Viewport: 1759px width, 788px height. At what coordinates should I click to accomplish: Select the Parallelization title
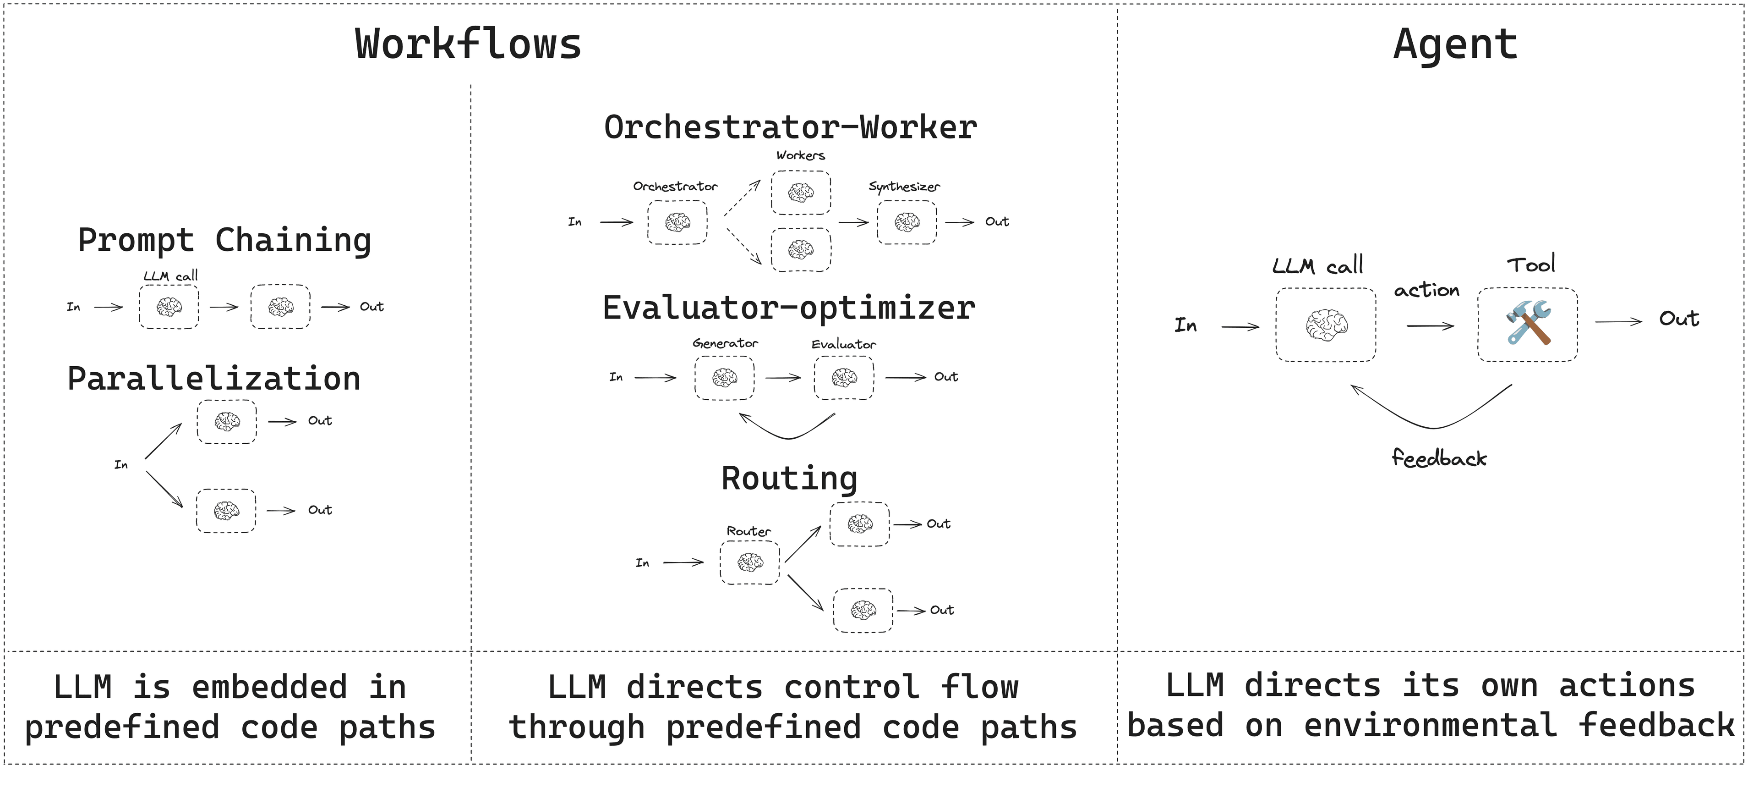tap(214, 379)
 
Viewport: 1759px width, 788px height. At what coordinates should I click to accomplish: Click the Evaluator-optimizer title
tap(789, 308)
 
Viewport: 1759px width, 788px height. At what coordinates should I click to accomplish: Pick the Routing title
tap(789, 479)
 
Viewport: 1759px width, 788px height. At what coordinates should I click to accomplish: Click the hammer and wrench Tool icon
tap(1528, 324)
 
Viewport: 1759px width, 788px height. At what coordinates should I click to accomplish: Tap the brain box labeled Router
tap(750, 562)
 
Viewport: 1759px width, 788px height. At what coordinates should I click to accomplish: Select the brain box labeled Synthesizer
tap(907, 222)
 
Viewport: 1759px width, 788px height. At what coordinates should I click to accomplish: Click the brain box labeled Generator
tap(725, 377)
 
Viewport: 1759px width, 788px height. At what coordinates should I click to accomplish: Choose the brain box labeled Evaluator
tap(844, 377)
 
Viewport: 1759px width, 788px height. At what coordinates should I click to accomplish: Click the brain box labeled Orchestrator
tap(677, 222)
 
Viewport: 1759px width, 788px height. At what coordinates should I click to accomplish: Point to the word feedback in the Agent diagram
tap(1439, 458)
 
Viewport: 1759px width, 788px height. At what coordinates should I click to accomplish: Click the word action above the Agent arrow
tap(1426, 291)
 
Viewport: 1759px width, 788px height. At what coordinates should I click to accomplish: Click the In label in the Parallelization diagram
tap(121, 465)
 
